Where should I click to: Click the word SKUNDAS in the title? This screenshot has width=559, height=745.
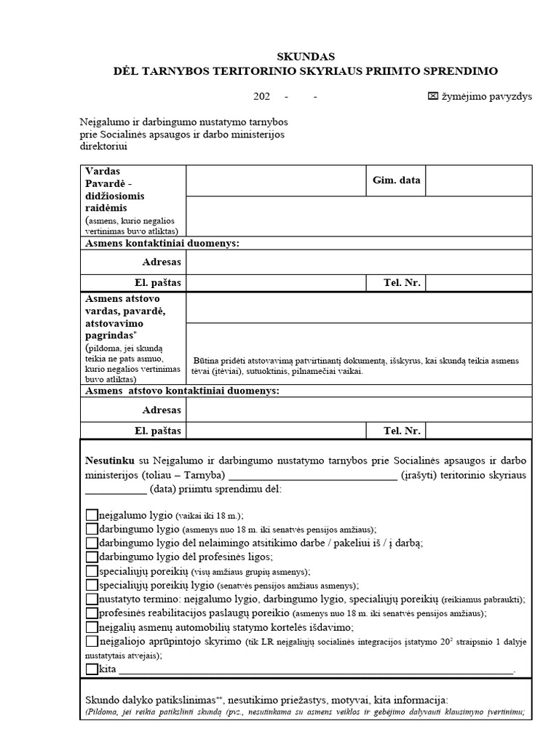click(x=306, y=56)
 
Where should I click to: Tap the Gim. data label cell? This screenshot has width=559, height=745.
click(x=396, y=180)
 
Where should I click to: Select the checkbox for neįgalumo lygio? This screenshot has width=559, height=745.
click(x=92, y=515)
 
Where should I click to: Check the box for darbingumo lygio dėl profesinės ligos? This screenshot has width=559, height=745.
click(x=92, y=557)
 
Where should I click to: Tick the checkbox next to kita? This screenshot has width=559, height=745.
click(x=92, y=669)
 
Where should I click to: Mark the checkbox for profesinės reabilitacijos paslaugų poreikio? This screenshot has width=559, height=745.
click(x=92, y=613)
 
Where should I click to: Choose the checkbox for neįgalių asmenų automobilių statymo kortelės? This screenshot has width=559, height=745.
click(x=92, y=627)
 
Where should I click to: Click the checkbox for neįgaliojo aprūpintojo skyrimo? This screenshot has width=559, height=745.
click(x=92, y=641)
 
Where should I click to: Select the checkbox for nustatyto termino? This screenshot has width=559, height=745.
click(x=92, y=599)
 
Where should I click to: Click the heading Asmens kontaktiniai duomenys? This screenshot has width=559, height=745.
click(x=162, y=243)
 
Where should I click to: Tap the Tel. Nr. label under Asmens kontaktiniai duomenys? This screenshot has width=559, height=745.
click(x=403, y=282)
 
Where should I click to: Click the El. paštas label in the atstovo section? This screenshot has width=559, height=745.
click(x=157, y=431)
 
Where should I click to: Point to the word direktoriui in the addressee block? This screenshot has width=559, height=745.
click(x=103, y=146)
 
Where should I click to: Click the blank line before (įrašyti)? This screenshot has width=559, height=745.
click(x=312, y=475)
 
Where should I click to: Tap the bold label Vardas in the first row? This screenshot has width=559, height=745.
click(x=102, y=170)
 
